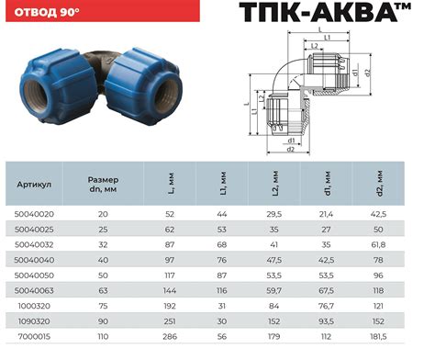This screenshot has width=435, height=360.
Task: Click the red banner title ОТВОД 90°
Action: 47,12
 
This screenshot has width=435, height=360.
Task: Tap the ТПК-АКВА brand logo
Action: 325,12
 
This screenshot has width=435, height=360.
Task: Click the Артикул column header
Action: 34,185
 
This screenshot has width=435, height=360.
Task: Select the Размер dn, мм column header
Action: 103,185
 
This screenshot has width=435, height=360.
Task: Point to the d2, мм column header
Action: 379,184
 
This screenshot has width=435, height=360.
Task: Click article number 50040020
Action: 34,214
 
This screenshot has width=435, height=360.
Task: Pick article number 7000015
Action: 34,337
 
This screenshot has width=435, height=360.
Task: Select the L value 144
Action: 170,290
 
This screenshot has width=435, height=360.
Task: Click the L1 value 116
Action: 222,290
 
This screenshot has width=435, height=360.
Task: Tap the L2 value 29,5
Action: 274,214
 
